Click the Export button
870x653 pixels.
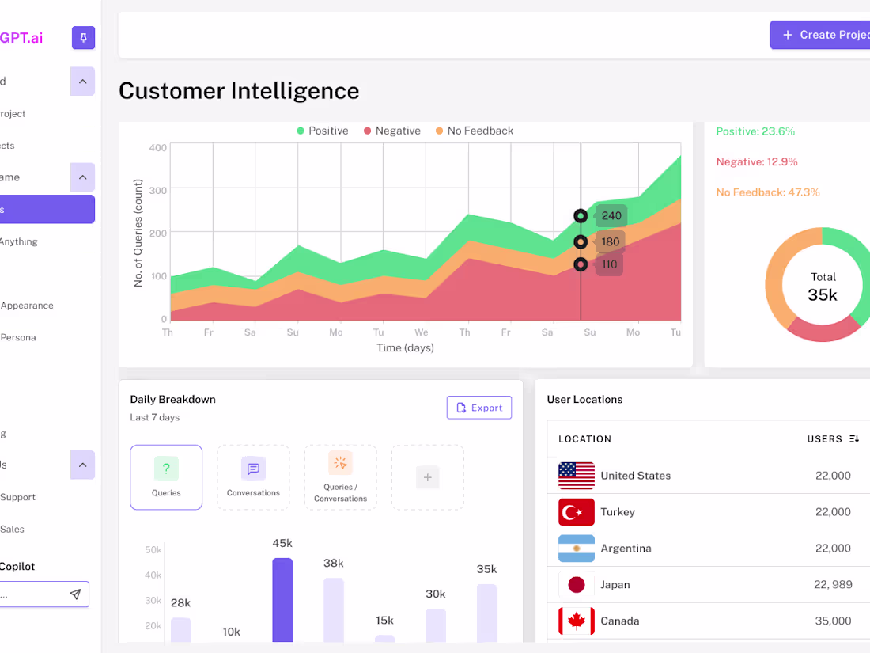click(479, 408)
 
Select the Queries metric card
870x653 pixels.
click(166, 476)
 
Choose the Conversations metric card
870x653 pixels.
click(253, 476)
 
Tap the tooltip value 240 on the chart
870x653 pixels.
click(611, 216)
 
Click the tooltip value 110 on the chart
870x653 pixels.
click(609, 265)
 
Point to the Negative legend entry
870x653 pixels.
click(391, 131)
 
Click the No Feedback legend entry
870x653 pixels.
click(474, 131)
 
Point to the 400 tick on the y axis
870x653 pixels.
click(157, 147)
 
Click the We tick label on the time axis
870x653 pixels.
click(422, 332)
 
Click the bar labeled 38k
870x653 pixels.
click(334, 609)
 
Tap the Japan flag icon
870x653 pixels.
click(577, 585)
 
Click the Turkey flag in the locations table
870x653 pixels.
click(577, 512)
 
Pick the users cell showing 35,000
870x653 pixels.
click(833, 621)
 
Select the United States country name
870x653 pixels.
click(635, 476)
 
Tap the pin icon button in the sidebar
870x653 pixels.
click(83, 37)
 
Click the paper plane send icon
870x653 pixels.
click(75, 594)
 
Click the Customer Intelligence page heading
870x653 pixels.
click(239, 91)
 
